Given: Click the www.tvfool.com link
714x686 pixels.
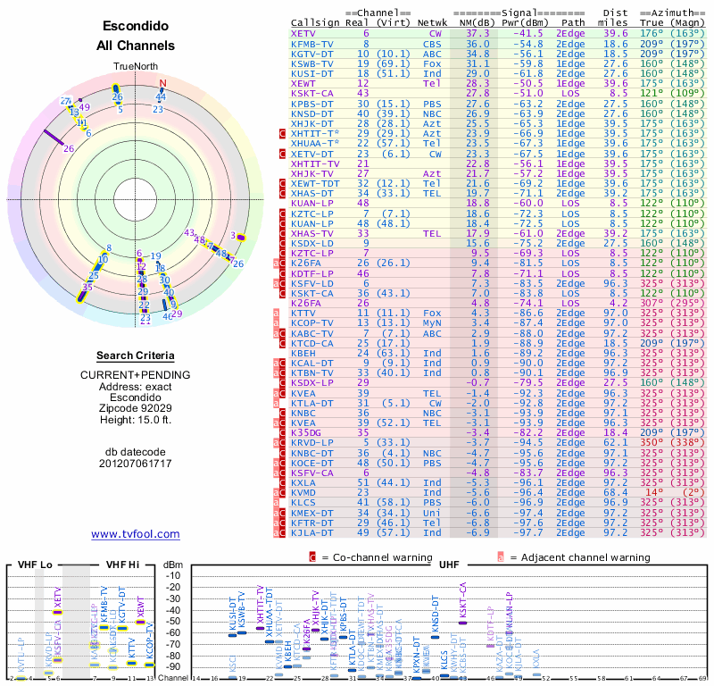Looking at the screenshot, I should click(x=136, y=534).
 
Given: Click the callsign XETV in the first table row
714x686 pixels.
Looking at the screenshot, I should click(x=303, y=33).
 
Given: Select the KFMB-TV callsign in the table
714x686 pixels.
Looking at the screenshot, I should click(x=312, y=43).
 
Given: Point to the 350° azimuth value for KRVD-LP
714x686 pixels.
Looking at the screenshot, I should click(x=652, y=442).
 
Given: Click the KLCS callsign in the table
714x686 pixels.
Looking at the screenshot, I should click(x=305, y=502).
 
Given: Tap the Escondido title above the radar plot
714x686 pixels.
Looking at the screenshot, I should click(x=135, y=27).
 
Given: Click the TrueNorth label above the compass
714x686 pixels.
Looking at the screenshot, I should click(x=135, y=67).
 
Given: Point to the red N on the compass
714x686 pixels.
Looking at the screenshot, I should click(x=162, y=84).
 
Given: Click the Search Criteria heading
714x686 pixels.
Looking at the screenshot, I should click(x=136, y=356).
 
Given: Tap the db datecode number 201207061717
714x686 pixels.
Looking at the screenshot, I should click(x=136, y=464).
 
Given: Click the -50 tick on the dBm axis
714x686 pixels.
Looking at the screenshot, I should click(x=172, y=621).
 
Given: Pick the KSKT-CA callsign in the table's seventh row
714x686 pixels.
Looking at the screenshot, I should click(x=312, y=93).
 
